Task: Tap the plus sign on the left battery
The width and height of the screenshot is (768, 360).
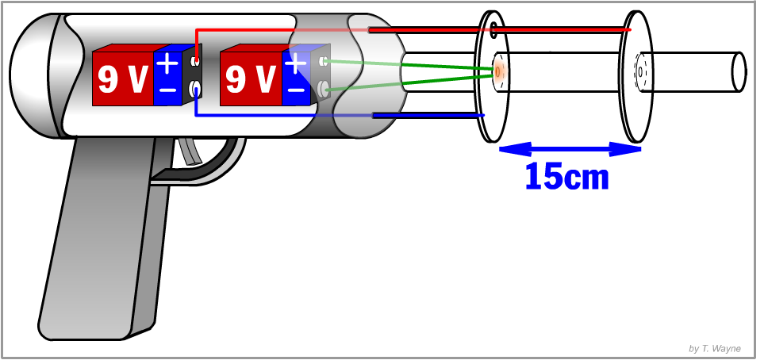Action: pos(167,63)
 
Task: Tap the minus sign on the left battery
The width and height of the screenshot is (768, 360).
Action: pos(167,90)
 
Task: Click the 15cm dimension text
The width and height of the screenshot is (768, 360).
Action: pos(566,176)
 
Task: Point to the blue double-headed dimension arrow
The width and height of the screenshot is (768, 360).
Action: pos(569,148)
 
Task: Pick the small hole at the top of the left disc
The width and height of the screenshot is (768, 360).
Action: pos(494,31)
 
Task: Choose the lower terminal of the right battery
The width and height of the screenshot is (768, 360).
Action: pos(322,88)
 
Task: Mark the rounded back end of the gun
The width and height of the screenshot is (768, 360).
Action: pos(32,79)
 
